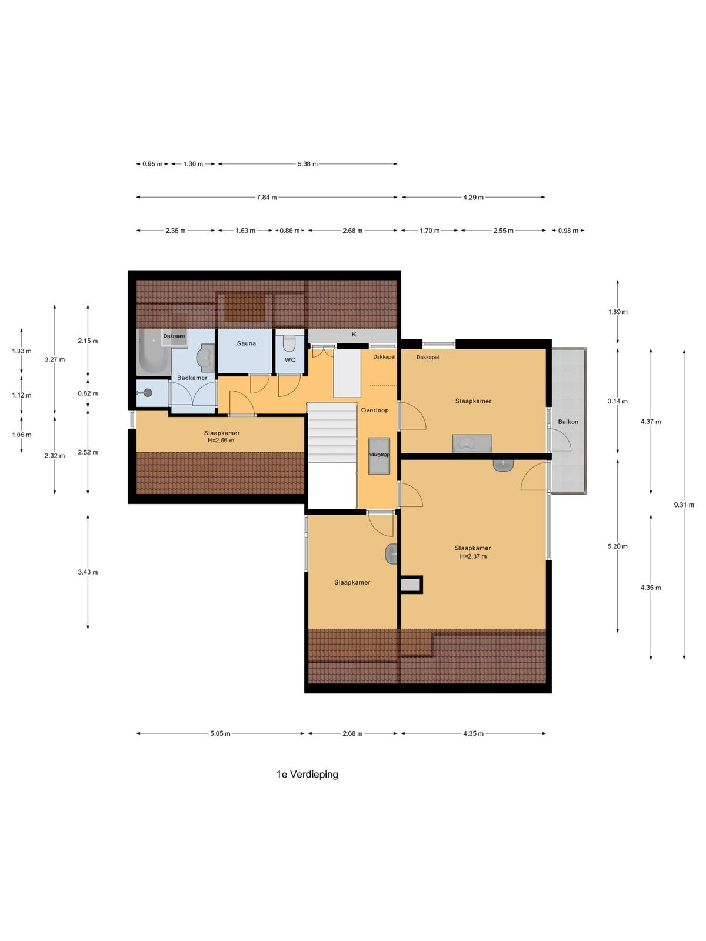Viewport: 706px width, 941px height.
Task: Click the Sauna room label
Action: tap(246, 343)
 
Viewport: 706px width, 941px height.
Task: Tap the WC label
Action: tap(290, 360)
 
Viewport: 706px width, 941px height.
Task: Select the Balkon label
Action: tap(568, 422)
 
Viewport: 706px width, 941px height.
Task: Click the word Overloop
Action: tap(375, 411)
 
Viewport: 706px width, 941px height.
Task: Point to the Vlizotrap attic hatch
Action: tap(379, 455)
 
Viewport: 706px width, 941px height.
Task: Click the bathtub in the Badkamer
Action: tap(153, 352)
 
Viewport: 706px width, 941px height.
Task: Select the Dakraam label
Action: tap(174, 336)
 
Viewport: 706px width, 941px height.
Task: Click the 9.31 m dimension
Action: tap(684, 505)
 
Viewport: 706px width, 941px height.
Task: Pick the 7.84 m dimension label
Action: tap(267, 198)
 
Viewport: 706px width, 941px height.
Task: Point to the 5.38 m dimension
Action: tap(307, 164)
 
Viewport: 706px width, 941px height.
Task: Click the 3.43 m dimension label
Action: tap(88, 572)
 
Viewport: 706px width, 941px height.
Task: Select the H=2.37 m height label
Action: tap(473, 556)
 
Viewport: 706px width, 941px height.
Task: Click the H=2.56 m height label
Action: tap(221, 441)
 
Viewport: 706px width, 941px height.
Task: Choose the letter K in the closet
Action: tap(354, 335)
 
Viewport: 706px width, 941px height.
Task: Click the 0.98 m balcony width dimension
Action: tap(568, 231)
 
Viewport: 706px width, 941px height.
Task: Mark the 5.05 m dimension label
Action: tap(220, 733)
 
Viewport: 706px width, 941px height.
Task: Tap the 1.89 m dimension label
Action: tap(618, 312)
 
